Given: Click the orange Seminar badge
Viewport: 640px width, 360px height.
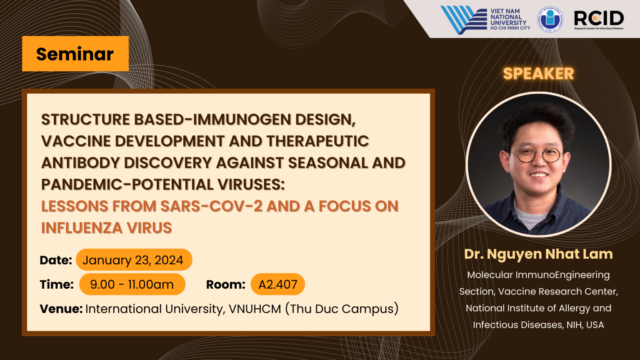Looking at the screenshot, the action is click(x=75, y=54).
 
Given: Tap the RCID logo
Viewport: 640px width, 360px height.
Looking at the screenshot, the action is click(x=599, y=20).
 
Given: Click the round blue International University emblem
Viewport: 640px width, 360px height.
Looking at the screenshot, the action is click(x=550, y=20).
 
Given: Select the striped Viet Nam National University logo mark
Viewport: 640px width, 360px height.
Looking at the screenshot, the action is click(x=464, y=20).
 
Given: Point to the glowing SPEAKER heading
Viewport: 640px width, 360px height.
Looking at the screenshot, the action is click(x=538, y=74).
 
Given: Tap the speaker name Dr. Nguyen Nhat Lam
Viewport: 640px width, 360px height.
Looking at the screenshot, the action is click(x=538, y=254).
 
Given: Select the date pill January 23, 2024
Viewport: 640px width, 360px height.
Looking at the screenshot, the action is click(x=134, y=260).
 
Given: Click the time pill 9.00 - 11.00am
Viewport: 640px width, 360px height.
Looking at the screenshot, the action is click(x=132, y=284).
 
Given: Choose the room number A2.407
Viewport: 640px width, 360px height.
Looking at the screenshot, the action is click(x=278, y=284).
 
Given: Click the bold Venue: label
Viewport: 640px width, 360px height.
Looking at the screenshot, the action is click(x=61, y=309).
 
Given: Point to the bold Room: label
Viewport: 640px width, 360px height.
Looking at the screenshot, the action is click(x=226, y=285).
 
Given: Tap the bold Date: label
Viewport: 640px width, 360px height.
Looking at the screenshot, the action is click(x=56, y=260).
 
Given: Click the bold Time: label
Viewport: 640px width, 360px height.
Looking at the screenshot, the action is click(x=57, y=285).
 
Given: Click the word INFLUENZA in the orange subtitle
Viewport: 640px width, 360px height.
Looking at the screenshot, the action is click(x=82, y=228).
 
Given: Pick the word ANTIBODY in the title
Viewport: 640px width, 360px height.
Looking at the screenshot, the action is click(x=80, y=162).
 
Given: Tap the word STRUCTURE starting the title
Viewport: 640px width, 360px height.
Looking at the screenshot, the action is click(x=86, y=119).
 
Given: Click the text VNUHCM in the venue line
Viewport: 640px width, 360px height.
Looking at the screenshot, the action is click(x=255, y=309).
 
